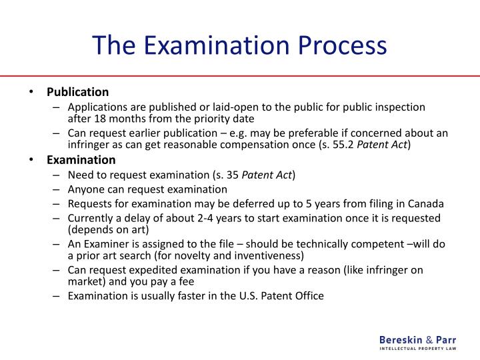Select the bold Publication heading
coord(77,91)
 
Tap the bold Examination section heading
coord(81,160)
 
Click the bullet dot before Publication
coord(32,92)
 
